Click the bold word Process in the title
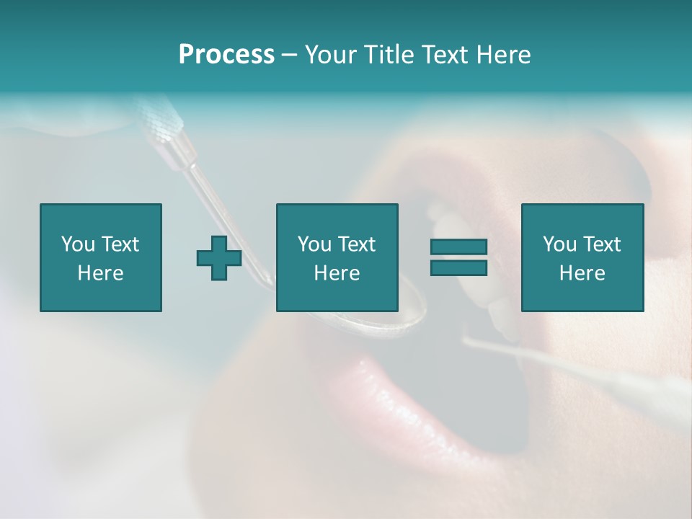[226, 55]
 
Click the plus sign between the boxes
[219, 258]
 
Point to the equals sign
[458, 257]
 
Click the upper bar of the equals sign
[458, 247]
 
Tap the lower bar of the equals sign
[458, 267]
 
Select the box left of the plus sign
[101, 257]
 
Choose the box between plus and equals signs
[337, 257]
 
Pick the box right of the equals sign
[582, 257]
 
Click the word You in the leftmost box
[78, 244]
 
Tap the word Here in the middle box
[337, 273]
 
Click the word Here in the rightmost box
[582, 273]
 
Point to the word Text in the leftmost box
[120, 244]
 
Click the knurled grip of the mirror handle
[160, 119]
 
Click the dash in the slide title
[290, 55]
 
